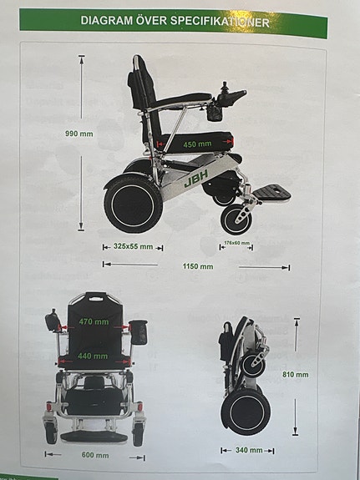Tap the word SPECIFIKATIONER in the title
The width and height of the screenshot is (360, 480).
[223, 23]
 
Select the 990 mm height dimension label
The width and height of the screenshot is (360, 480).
[80, 134]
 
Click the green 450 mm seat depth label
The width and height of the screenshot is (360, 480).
[197, 144]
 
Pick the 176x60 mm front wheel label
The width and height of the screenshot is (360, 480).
[237, 245]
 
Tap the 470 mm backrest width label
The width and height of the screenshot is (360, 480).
[94, 321]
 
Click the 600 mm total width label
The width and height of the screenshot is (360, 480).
[94, 456]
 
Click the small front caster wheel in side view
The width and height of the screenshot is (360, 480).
[235, 220]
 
